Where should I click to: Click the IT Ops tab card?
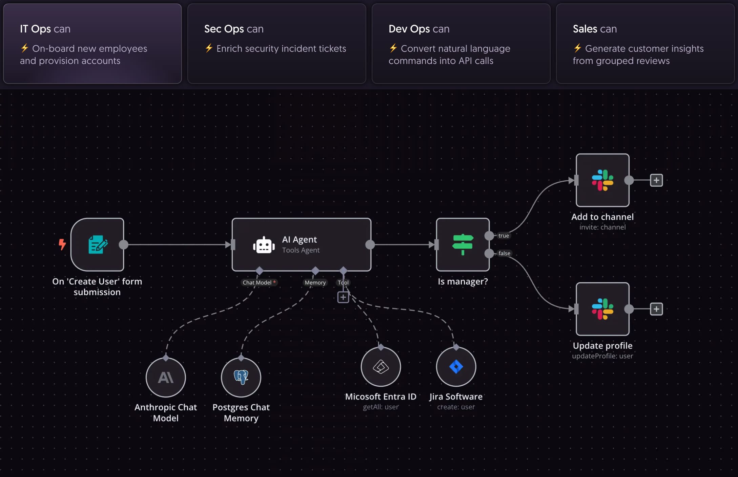tap(93, 44)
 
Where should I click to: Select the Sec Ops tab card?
tap(277, 44)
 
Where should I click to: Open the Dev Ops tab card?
tap(461, 44)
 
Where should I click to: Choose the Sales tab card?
tap(645, 44)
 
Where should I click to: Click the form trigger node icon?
tap(98, 245)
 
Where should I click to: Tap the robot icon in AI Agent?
tap(264, 245)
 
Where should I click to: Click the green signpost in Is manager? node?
tap(463, 245)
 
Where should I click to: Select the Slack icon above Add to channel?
tap(602, 180)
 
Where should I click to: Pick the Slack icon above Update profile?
tap(602, 309)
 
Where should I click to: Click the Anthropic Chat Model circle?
tap(166, 377)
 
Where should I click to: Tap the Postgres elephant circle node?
tap(241, 377)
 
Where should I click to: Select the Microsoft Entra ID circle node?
tap(381, 367)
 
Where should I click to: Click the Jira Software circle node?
tap(456, 367)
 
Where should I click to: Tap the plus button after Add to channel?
tap(656, 180)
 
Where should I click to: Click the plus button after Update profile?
tap(656, 309)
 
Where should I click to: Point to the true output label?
tap(504, 235)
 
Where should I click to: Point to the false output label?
tap(504, 253)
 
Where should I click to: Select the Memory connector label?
tap(315, 282)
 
